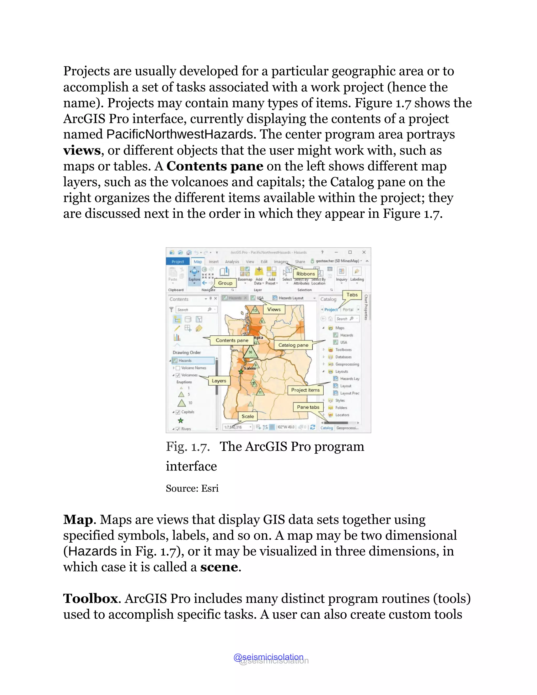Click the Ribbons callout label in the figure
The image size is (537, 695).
(x=305, y=274)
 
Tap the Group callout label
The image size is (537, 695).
(x=225, y=283)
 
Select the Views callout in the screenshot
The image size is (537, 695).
(x=274, y=309)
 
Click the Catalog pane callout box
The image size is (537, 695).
(x=293, y=345)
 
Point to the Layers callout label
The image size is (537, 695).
(x=219, y=381)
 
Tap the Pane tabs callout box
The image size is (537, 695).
(x=308, y=407)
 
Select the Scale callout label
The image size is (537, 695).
(x=248, y=416)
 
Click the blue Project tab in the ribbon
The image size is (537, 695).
(x=178, y=261)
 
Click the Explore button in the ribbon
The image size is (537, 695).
(x=194, y=275)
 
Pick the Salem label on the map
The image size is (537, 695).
(x=250, y=368)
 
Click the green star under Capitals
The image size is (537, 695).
(x=181, y=420)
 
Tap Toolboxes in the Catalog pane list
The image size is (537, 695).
(x=343, y=349)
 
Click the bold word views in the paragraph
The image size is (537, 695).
(x=82, y=150)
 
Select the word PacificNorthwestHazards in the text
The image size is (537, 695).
(x=179, y=134)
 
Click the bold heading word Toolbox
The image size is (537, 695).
(x=90, y=598)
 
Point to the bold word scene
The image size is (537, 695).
(x=219, y=567)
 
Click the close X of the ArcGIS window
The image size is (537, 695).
(x=364, y=252)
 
